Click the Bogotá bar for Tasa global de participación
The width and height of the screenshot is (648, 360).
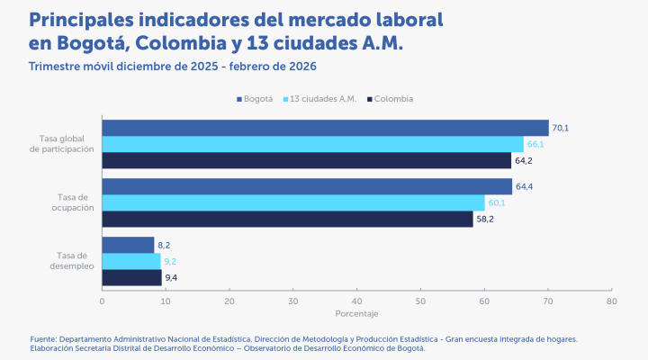325,128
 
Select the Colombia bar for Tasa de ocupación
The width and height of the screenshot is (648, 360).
287,219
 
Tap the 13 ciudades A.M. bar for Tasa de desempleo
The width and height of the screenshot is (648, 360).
131,261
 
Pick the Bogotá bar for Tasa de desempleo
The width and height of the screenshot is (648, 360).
128,245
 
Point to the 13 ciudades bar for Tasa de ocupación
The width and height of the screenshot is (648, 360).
293,202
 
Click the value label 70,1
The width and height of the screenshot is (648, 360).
561,128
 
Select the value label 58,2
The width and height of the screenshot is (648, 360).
485,219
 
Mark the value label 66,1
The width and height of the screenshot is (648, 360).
535,144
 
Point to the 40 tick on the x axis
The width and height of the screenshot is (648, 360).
356,301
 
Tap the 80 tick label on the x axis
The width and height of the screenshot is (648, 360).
611,301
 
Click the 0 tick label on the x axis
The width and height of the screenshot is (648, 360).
103,301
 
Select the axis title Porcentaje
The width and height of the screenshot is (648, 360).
356,313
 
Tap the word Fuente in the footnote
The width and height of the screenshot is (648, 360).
44,339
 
